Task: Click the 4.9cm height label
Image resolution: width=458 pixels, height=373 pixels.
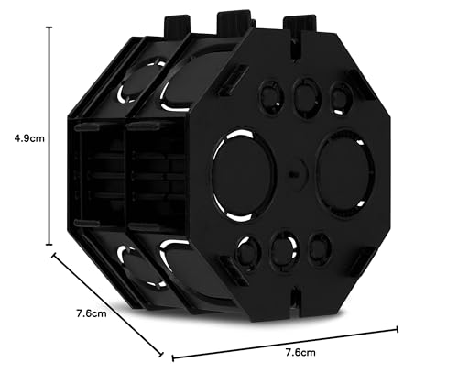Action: point(20,138)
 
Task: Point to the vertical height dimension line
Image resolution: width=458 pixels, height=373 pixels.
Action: point(49,137)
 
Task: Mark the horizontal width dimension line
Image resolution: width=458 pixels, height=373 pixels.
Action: point(284,341)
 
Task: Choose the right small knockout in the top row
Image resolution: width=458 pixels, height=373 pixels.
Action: point(340,94)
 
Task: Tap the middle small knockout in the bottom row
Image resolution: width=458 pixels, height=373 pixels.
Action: point(284,245)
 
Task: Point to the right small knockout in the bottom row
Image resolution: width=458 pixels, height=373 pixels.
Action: point(317,245)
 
